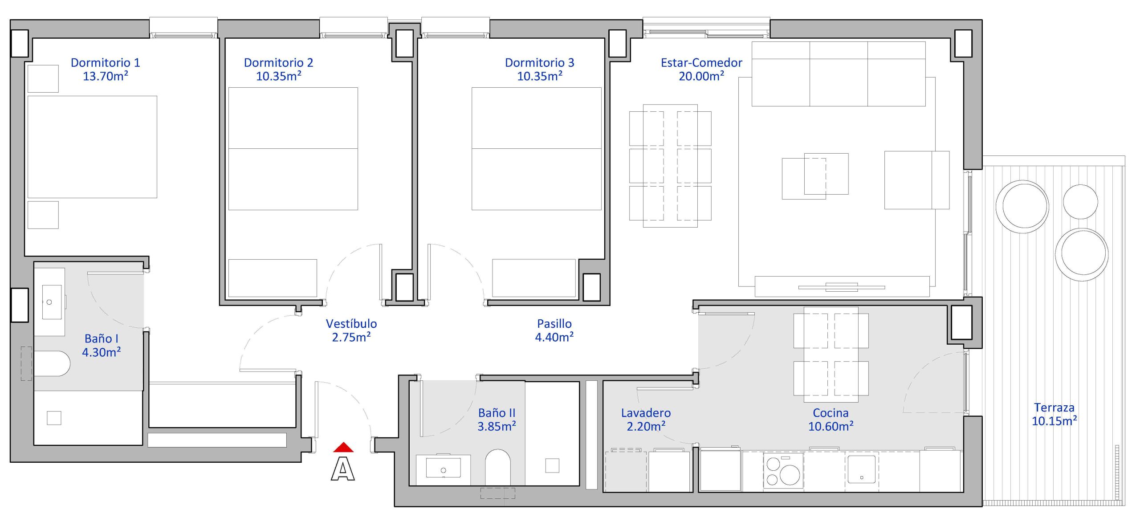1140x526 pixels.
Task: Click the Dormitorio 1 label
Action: pyautogui.click(x=106, y=63)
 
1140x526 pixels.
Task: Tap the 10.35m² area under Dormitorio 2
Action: pyautogui.click(x=279, y=76)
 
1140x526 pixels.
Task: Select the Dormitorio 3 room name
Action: pyautogui.click(x=539, y=63)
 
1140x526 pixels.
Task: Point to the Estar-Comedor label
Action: pyautogui.click(x=701, y=63)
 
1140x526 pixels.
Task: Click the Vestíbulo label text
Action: pyautogui.click(x=351, y=324)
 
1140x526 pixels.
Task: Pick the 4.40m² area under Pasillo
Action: pyautogui.click(x=554, y=337)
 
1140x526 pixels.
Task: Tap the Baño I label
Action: pyautogui.click(x=102, y=338)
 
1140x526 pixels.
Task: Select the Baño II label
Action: pyautogui.click(x=497, y=413)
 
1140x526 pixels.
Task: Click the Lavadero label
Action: pyautogui.click(x=646, y=413)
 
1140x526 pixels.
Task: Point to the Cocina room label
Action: pyautogui.click(x=831, y=413)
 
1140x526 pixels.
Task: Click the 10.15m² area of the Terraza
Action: pyautogui.click(x=1054, y=421)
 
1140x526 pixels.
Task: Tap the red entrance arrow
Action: pyautogui.click(x=343, y=447)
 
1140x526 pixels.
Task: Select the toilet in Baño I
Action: pyautogui.click(x=52, y=363)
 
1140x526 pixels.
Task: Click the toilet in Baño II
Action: pyautogui.click(x=497, y=467)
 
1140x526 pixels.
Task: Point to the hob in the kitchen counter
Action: pyautogui.click(x=783, y=470)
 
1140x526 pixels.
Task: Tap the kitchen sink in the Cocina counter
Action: pyautogui.click(x=861, y=469)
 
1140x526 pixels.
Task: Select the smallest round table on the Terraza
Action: pyautogui.click(x=1080, y=202)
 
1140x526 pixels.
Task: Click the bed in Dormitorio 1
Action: pyautogui.click(x=92, y=147)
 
